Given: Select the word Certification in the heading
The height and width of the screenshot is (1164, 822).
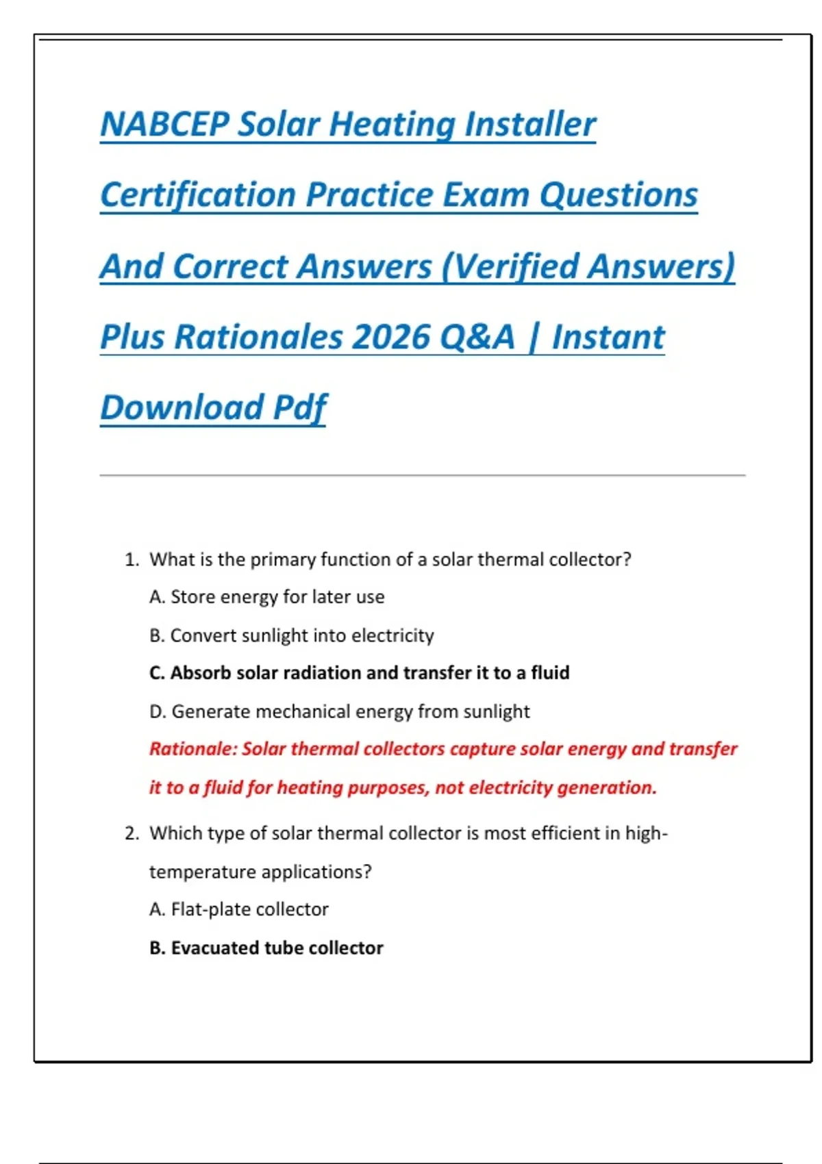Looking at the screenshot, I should pyautogui.click(x=198, y=195).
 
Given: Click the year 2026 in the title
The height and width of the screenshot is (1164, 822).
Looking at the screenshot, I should pyautogui.click(x=390, y=337).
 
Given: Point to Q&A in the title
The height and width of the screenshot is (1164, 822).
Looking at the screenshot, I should pyautogui.click(x=477, y=337).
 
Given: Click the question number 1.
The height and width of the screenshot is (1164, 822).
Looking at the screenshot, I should pyautogui.click(x=131, y=560).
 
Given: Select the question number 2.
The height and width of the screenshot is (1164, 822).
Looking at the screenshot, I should pyautogui.click(x=132, y=833).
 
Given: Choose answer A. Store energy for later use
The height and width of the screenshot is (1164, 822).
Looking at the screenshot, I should pyautogui.click(x=267, y=597).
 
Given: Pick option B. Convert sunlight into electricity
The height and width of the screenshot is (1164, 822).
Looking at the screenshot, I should pyautogui.click(x=292, y=635).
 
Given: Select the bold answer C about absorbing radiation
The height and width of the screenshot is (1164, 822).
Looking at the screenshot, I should pyautogui.click(x=360, y=673).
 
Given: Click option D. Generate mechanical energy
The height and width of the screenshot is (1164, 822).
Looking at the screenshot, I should pyautogui.click(x=340, y=711).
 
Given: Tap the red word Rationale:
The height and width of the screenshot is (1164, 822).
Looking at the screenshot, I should pyautogui.click(x=192, y=749).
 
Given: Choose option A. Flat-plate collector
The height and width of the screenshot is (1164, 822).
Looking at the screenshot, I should pyautogui.click(x=239, y=909).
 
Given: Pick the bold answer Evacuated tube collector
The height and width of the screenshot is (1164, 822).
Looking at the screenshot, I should pyautogui.click(x=266, y=948).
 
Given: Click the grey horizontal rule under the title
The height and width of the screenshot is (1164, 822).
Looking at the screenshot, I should pyautogui.click(x=422, y=475).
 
